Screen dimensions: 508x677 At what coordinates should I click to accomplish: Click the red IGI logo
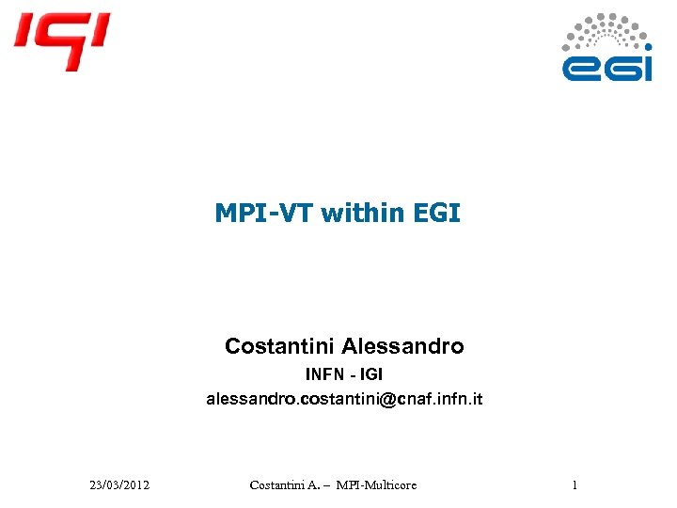pyautogui.click(x=61, y=40)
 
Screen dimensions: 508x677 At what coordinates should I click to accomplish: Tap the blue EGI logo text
pyautogui.click(x=606, y=67)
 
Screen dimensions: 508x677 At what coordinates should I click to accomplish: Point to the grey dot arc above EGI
pyautogui.click(x=606, y=31)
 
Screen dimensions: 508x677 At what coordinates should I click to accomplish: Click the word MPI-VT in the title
pyautogui.click(x=264, y=214)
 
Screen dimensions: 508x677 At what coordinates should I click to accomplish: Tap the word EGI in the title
pyautogui.click(x=436, y=214)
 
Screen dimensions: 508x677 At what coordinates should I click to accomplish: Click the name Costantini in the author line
pyautogui.click(x=279, y=346)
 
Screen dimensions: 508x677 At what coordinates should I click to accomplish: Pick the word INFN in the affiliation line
pyautogui.click(x=324, y=374)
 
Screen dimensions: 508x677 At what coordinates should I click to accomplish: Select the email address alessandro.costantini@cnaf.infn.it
pyautogui.click(x=344, y=400)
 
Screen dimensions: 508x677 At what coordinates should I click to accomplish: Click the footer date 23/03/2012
pyautogui.click(x=119, y=485)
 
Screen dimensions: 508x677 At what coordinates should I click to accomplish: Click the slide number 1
pyautogui.click(x=574, y=485)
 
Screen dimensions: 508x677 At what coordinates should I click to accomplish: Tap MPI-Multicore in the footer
pyautogui.click(x=379, y=485)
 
